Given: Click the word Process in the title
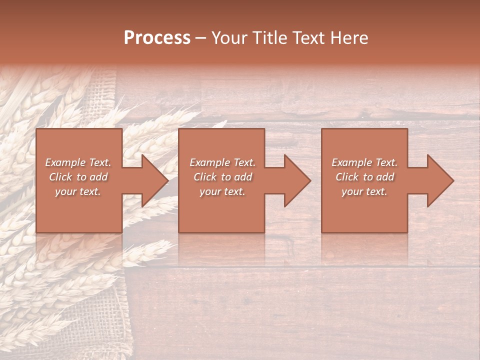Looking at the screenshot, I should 157,38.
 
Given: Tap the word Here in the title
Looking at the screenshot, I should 350,38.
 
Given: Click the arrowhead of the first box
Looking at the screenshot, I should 152,180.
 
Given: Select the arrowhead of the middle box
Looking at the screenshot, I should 295,180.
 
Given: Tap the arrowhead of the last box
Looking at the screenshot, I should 438,180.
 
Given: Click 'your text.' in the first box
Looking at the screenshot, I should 78,191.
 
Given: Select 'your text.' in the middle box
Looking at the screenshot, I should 222,191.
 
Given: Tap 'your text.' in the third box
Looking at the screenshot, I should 364,191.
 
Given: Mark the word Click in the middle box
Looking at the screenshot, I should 205,177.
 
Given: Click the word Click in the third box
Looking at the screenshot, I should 347,177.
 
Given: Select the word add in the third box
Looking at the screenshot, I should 385,177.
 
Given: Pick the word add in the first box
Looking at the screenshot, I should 98,177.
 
